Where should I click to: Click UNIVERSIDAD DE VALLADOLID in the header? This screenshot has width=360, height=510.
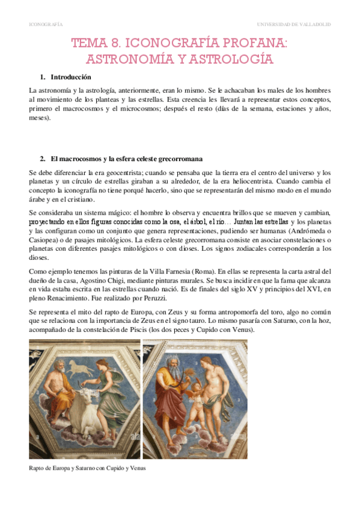click(x=293, y=25)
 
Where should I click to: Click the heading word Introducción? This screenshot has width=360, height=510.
click(x=71, y=77)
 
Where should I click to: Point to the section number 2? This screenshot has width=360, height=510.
click(x=42, y=159)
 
